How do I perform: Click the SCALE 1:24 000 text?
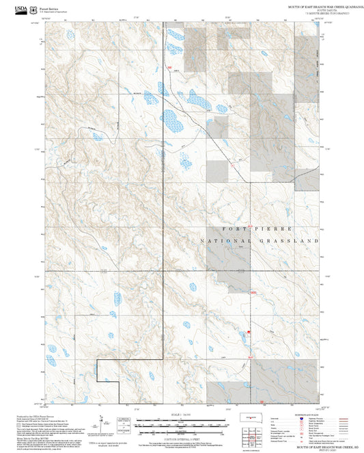182,415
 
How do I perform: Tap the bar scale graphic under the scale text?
182,425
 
